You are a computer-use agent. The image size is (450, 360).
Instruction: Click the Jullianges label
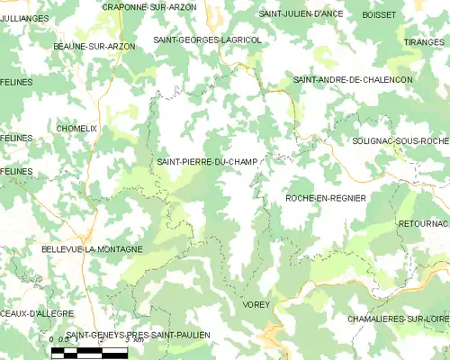tap(25, 18)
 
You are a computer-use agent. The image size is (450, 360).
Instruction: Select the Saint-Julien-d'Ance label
tap(301, 14)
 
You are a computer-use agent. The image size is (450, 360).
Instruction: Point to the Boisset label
tap(379, 14)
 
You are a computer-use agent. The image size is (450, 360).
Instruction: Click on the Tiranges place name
tap(424, 42)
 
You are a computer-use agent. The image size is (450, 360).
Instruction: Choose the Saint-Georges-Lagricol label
tap(207, 40)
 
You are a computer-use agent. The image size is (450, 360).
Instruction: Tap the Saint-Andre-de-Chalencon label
tap(353, 80)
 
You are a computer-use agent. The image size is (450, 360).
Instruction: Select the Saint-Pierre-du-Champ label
tap(207, 162)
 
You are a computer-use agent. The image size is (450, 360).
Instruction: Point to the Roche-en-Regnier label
tap(325, 197)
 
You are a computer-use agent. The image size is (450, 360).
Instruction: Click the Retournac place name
tap(422, 222)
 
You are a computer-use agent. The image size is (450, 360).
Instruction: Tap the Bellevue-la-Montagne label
tap(92, 248)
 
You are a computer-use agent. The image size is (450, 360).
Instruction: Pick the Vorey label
tap(256, 306)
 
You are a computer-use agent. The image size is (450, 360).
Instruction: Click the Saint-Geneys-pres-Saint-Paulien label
tap(138, 335)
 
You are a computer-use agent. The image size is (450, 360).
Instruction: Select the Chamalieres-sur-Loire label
tap(398, 319)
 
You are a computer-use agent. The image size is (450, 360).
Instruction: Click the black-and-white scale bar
tap(89, 353)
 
